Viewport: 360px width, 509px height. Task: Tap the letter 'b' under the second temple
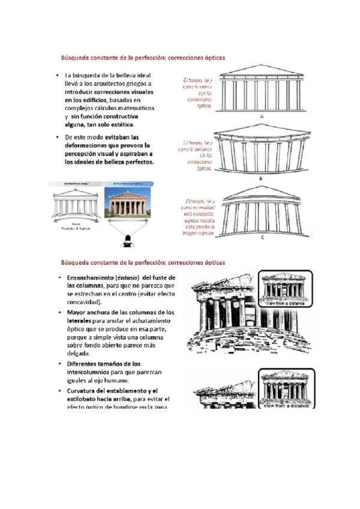tap(260, 179)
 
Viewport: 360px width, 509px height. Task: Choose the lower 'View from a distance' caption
tap(284, 406)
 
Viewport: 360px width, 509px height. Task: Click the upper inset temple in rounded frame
tap(284, 287)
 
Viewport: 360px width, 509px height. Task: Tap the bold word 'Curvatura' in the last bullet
tap(84, 391)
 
